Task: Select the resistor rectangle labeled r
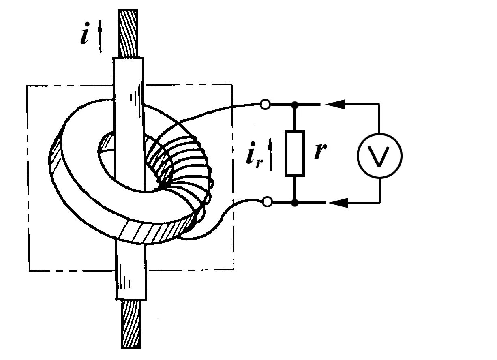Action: click(295, 153)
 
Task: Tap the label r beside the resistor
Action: click(320, 152)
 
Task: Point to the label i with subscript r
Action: click(252, 156)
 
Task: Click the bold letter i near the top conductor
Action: click(85, 35)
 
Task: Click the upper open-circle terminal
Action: click(265, 105)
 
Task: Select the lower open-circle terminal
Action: click(267, 201)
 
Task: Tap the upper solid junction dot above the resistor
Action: click(295, 105)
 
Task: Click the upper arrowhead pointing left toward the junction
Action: click(336, 105)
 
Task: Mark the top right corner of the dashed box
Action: click(232, 84)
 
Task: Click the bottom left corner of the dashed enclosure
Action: click(29, 270)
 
